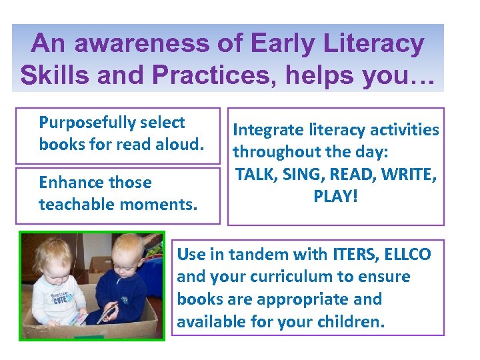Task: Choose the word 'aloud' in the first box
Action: click(179, 144)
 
